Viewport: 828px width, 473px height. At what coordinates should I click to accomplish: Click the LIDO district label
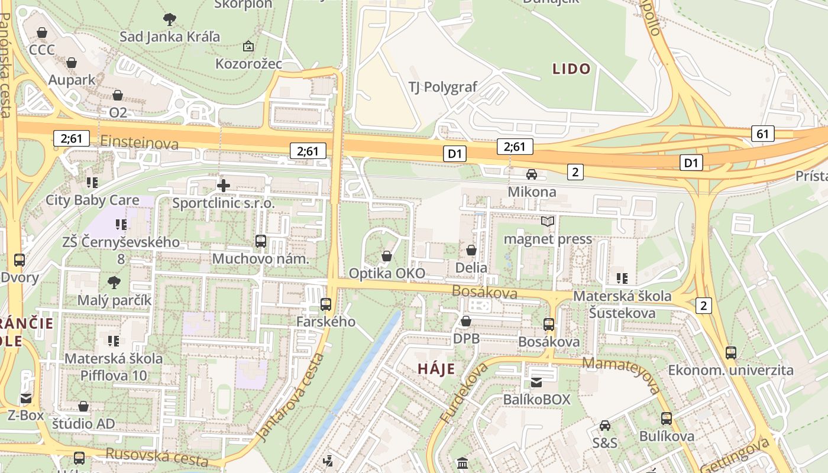[x=571, y=69]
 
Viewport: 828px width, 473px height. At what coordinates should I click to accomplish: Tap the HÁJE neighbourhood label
[x=436, y=370]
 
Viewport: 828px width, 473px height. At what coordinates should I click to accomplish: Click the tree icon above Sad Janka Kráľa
[x=170, y=20]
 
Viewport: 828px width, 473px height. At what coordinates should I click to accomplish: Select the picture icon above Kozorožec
[x=248, y=46]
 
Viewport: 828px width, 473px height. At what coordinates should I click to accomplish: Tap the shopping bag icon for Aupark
[x=72, y=63]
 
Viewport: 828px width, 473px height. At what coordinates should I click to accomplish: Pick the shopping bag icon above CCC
[x=42, y=32]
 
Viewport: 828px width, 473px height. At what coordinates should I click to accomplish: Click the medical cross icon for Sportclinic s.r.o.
[x=224, y=186]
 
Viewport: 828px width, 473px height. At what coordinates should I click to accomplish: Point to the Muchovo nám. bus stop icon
[x=261, y=241]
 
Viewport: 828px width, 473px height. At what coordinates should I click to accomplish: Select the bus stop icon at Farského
[x=326, y=304]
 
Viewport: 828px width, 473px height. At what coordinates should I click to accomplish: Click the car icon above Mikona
[x=532, y=174]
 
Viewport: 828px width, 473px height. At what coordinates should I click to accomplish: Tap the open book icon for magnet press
[x=548, y=222]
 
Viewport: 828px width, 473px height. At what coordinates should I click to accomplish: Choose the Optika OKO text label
[x=387, y=273]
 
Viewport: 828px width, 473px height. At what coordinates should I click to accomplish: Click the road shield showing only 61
[x=763, y=134]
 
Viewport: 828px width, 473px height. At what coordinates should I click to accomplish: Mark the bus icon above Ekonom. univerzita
[x=731, y=353]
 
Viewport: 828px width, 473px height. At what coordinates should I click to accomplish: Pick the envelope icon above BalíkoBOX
[x=536, y=383]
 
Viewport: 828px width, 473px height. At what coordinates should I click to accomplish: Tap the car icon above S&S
[x=605, y=426]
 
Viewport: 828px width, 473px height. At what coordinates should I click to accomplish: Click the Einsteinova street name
[x=140, y=142]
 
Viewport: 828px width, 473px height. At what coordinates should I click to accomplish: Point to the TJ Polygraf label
[x=442, y=87]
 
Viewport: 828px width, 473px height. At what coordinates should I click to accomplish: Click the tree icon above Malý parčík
[x=114, y=283]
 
